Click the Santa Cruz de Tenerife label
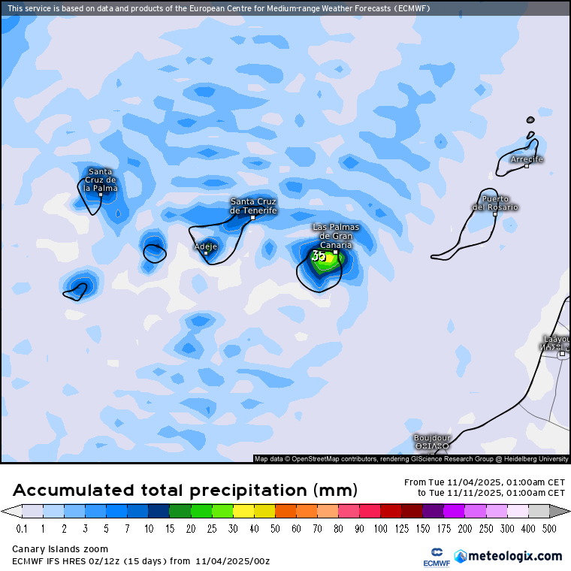coord(253,206)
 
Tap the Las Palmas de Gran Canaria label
coord(336,236)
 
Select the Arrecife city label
coord(527,159)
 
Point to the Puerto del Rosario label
coord(495,203)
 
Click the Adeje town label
coord(206,246)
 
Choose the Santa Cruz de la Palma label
coord(101,180)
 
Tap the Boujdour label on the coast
coord(432,438)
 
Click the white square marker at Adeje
coord(206,253)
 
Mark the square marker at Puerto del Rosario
coord(495,214)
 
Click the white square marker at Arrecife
coord(527,166)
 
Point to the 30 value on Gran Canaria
coord(319,257)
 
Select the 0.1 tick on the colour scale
coord(22,529)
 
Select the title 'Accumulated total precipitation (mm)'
coord(185,491)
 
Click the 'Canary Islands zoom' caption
coord(60,549)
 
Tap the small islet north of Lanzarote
coord(530,119)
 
